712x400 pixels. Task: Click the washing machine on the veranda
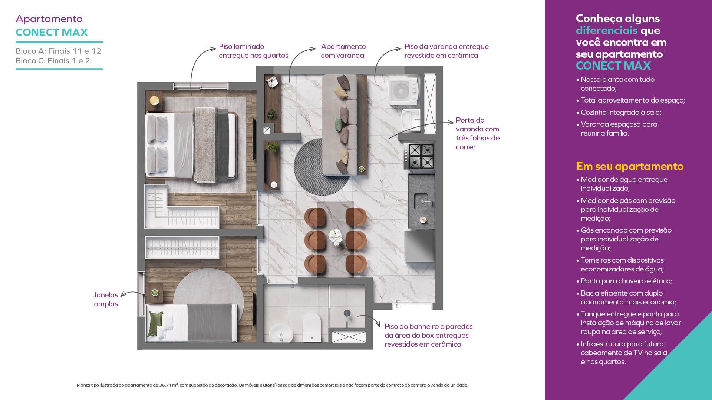point(403,90)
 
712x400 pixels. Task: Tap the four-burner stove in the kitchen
point(421,156)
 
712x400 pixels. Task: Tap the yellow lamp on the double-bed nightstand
point(154,100)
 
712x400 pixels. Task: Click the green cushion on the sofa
point(338,122)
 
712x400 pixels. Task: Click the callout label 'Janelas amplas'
point(106,299)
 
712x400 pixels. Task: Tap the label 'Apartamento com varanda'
point(343,51)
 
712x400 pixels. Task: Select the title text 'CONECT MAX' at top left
point(52,32)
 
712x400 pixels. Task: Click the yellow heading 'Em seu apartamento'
point(629,166)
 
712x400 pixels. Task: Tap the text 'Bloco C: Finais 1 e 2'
point(53,61)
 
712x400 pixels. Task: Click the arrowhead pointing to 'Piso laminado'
point(214,48)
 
